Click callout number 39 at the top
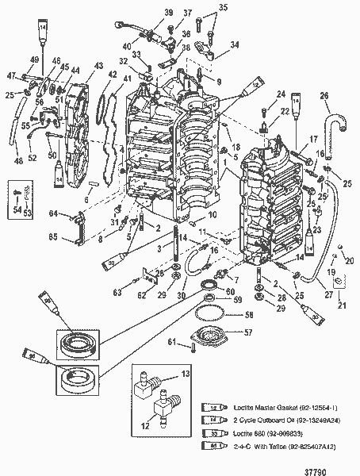click(169, 12)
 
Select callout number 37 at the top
click(187, 13)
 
